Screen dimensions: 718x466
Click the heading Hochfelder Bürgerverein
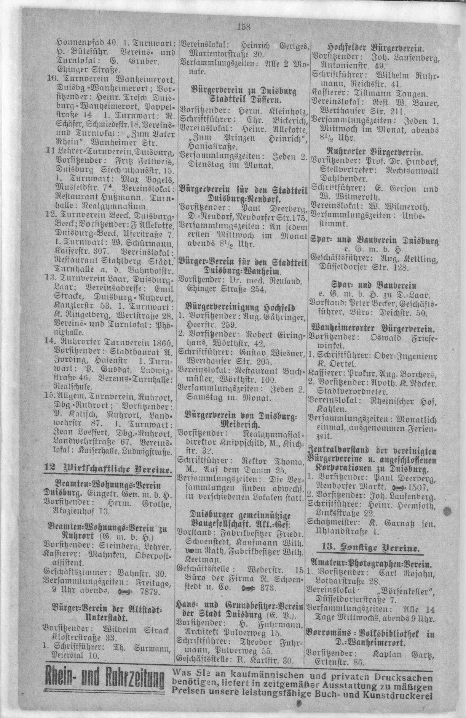click(x=374, y=49)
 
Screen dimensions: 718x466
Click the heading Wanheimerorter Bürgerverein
click(x=373, y=328)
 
